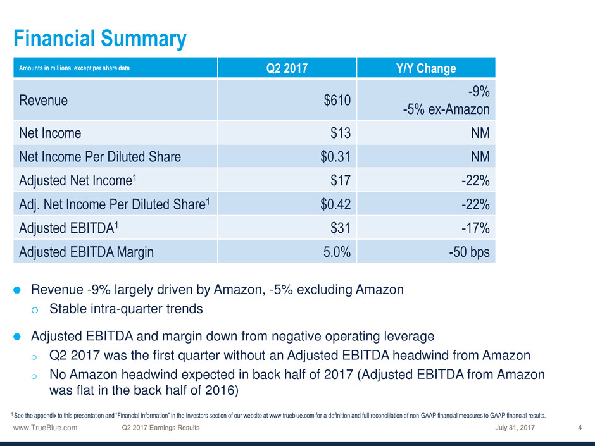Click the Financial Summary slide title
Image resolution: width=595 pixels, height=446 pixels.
pyautogui.click(x=100, y=39)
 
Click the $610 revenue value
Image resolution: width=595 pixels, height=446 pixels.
pyautogui.click(x=338, y=100)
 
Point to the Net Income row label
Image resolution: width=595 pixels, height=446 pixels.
pyautogui.click(x=50, y=133)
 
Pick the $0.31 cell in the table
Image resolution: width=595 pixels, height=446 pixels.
pyautogui.click(x=335, y=156)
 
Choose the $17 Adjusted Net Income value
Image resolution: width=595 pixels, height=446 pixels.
pyautogui.click(x=341, y=180)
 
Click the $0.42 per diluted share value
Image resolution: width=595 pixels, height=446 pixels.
pyautogui.click(x=335, y=204)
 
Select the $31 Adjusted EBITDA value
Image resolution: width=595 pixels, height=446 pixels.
pyautogui.click(x=341, y=228)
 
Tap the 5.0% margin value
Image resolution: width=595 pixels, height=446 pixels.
pyautogui.click(x=337, y=251)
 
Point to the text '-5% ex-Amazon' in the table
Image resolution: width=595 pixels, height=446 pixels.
pyautogui.click(x=446, y=109)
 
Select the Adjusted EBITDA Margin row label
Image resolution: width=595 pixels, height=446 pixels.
pyautogui.click(x=85, y=251)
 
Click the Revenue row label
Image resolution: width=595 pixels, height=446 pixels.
pyautogui.click(x=44, y=100)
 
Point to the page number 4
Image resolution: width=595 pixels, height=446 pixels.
pyautogui.click(x=580, y=428)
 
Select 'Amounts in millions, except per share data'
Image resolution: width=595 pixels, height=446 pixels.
pyautogui.click(x=72, y=67)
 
